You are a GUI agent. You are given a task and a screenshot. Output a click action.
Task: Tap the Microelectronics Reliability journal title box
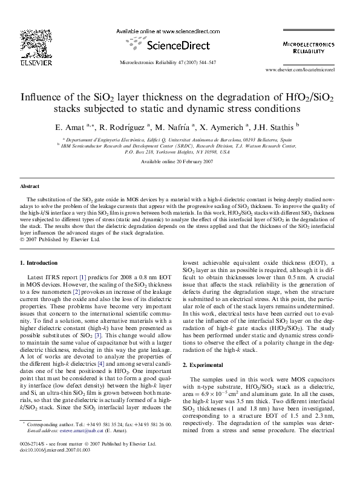[309, 48]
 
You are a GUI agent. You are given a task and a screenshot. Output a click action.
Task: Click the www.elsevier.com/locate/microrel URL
[309, 70]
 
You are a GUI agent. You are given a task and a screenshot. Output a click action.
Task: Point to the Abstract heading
[30, 187]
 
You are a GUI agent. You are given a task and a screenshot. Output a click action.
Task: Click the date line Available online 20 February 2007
[177, 162]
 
